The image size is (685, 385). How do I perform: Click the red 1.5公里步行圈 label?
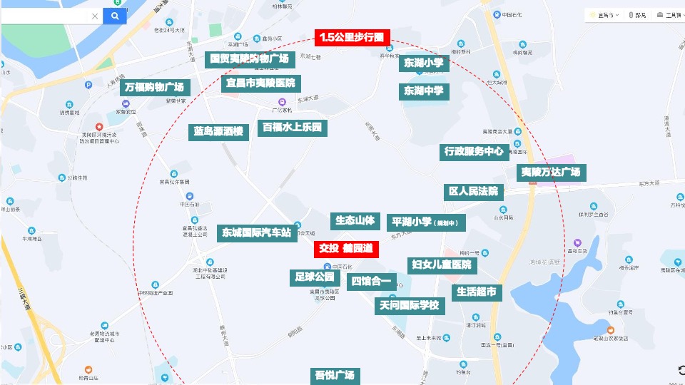(x=350, y=37)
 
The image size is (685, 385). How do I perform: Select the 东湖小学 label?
(x=424, y=63)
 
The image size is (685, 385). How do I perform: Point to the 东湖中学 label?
(x=424, y=91)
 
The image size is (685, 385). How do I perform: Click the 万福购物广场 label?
(x=154, y=88)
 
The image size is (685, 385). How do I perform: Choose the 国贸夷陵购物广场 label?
(x=249, y=58)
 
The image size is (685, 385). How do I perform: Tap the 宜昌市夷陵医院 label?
(x=260, y=83)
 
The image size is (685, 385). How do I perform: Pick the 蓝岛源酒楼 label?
(x=218, y=132)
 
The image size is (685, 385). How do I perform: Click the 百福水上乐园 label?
(x=293, y=128)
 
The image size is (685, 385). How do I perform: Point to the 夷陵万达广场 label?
(x=550, y=173)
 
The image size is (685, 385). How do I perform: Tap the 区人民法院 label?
(x=473, y=191)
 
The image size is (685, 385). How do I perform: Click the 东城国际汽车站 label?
(x=256, y=232)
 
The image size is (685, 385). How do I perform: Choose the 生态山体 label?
(x=355, y=221)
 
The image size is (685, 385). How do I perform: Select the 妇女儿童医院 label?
(x=442, y=265)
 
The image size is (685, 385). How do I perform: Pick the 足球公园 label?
(x=315, y=277)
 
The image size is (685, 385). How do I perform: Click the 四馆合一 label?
(x=371, y=281)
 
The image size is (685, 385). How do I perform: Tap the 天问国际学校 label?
(x=410, y=306)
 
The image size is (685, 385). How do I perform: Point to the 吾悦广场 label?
(x=335, y=375)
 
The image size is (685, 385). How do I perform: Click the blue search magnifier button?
(x=115, y=16)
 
